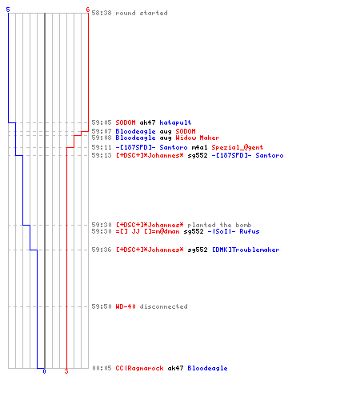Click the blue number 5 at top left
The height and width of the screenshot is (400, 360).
[8, 10]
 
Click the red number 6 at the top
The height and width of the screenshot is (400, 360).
[87, 10]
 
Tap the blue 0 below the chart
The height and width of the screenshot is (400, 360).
[44, 371]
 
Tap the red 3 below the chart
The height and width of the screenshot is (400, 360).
[66, 371]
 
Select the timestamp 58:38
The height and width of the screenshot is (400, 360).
[102, 13]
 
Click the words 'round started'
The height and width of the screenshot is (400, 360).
[142, 13]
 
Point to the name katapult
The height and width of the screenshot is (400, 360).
[175, 122]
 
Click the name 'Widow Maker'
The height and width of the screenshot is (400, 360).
[198, 138]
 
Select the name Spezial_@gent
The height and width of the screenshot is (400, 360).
[238, 147]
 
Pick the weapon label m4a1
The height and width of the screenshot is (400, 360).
[199, 147]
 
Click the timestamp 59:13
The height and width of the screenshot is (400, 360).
[102, 155]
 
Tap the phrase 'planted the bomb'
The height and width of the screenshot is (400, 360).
[219, 225]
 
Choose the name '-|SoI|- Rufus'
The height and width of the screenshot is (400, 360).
[234, 231]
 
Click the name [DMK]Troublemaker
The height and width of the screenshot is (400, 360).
[246, 250]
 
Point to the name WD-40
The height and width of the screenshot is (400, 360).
[126, 306]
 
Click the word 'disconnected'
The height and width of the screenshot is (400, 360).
[163, 306]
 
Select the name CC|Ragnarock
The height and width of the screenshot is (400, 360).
[139, 368]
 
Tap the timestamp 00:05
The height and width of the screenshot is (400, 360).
[102, 368]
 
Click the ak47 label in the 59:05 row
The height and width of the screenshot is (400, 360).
[147, 122]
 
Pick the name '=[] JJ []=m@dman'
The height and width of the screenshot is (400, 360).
[147, 231]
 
